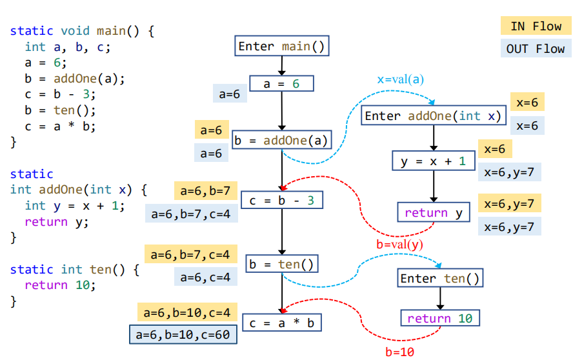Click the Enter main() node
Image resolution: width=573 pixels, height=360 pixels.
click(x=281, y=46)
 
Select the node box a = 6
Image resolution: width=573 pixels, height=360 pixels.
click(x=281, y=84)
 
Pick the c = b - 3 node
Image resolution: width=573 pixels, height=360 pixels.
click(x=281, y=201)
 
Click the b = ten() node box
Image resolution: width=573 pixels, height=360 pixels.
click(x=282, y=264)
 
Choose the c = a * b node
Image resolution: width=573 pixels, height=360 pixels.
click(x=281, y=323)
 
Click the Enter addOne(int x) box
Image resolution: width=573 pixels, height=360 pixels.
click(x=433, y=116)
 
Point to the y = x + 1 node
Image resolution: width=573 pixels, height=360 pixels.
click(x=433, y=161)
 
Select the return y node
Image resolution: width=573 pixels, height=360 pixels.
click(x=433, y=212)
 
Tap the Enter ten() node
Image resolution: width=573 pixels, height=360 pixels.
click(x=440, y=279)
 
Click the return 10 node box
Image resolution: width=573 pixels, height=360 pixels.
click(x=439, y=319)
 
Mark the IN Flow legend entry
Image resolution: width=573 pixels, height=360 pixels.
click(x=535, y=26)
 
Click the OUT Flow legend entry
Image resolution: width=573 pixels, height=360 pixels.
click(x=535, y=49)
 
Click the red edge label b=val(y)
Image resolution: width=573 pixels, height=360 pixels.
click(x=399, y=245)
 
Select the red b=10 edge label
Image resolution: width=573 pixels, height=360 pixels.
click(x=399, y=352)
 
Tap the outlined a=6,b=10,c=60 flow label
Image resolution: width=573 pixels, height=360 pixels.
click(x=183, y=335)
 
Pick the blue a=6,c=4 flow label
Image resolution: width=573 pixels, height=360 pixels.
click(x=205, y=277)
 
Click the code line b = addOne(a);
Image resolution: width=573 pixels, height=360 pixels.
click(x=75, y=79)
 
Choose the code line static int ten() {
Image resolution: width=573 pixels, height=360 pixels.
click(x=74, y=270)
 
